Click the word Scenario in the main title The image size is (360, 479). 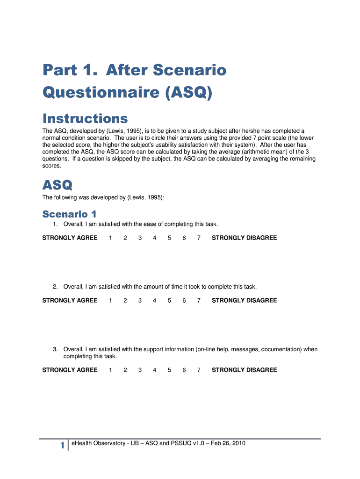point(190,71)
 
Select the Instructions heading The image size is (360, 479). point(85,118)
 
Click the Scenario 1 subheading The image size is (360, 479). point(69,214)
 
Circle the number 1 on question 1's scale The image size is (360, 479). point(110,238)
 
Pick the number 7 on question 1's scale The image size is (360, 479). point(199,238)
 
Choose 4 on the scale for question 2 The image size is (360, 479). point(154,300)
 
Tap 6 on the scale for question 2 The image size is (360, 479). point(184,300)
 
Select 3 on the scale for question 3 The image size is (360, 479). point(140,370)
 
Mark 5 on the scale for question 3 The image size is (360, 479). point(169,370)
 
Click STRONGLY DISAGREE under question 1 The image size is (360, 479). point(244,238)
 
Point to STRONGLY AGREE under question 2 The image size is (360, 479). point(70,300)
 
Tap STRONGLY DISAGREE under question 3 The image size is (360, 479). point(244,370)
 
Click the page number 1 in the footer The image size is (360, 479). point(62,446)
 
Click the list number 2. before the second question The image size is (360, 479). point(55,286)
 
